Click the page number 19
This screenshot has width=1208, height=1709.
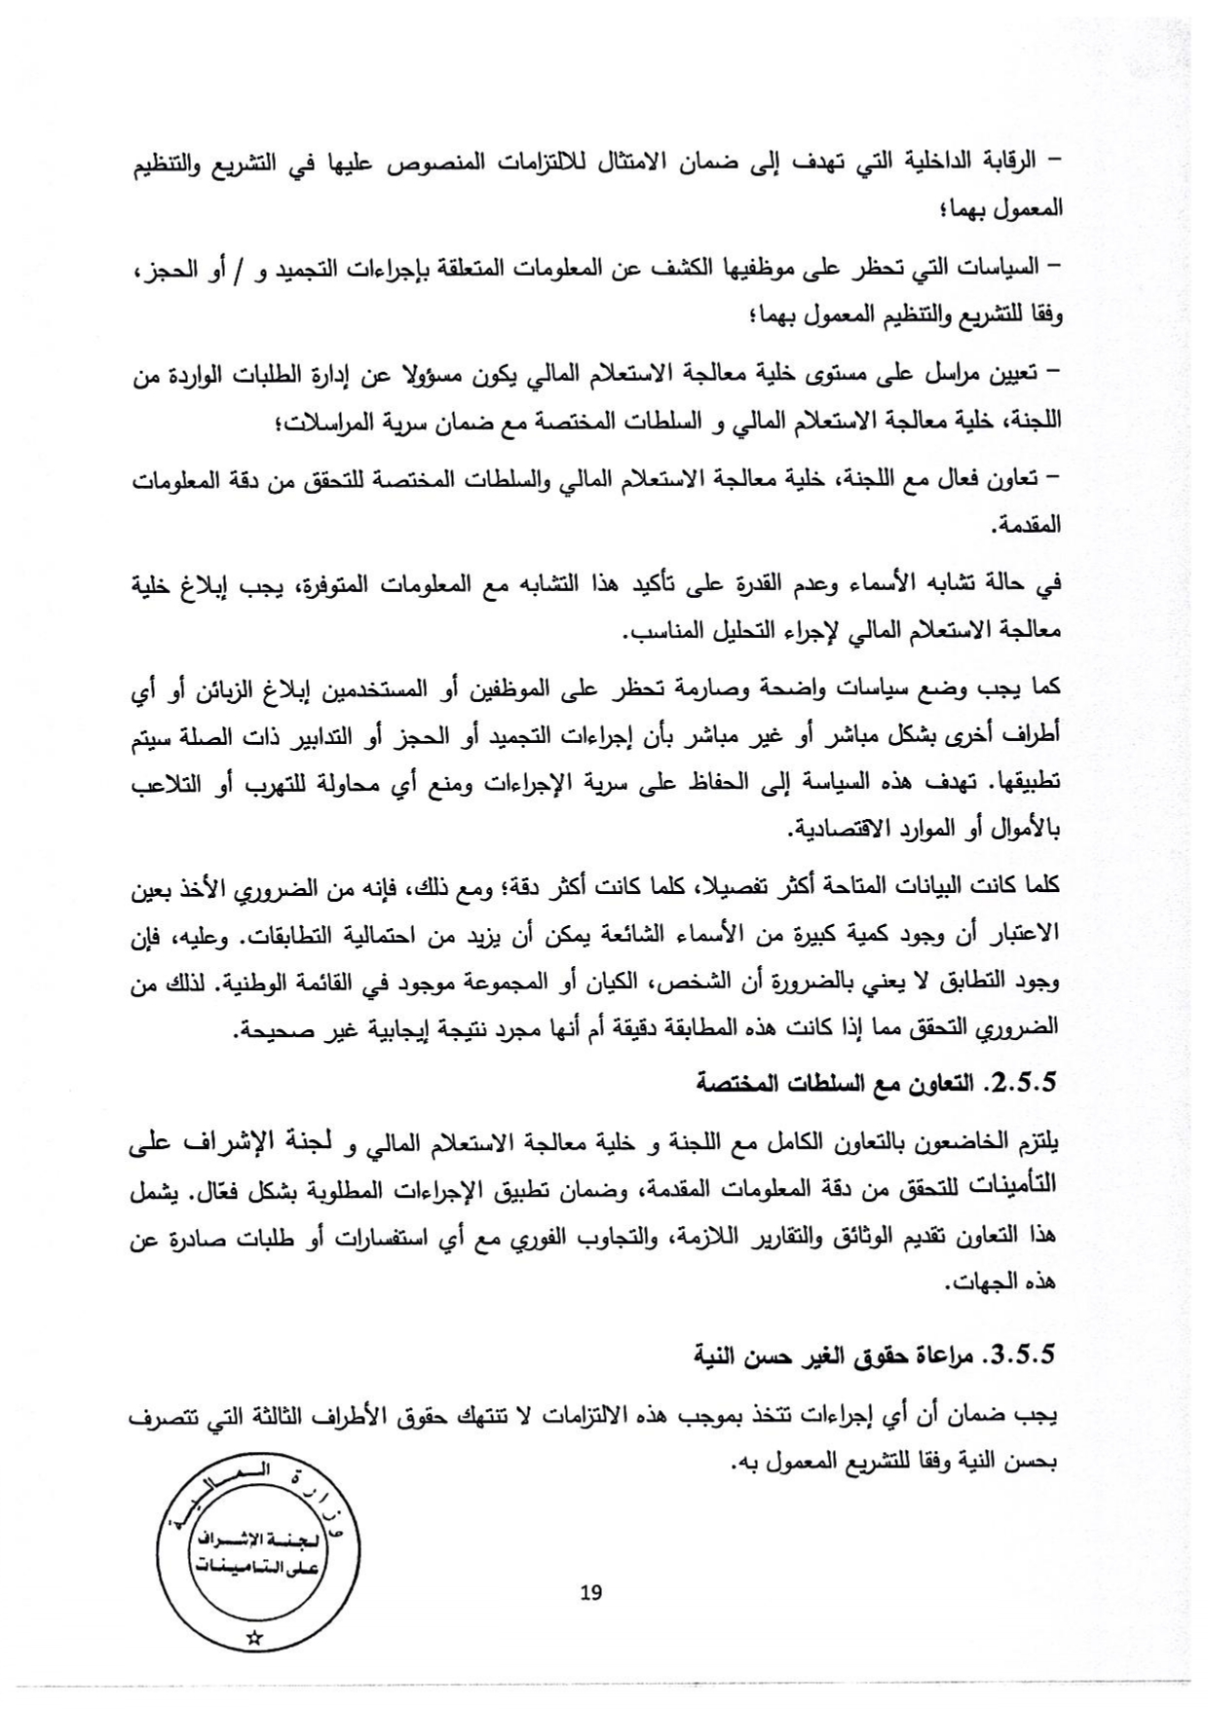[590, 1592]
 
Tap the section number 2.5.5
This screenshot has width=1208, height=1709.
[1024, 1083]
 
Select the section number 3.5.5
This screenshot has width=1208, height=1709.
[1024, 1354]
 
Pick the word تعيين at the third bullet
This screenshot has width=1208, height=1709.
[1016, 373]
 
